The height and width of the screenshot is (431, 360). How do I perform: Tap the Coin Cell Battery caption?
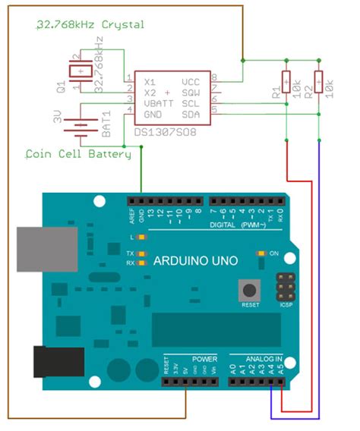pos(78,153)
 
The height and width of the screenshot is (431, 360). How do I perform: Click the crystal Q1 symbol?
pos(78,71)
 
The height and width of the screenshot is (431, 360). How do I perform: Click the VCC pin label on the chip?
pos(191,80)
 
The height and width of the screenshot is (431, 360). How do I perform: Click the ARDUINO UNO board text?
pos(195,260)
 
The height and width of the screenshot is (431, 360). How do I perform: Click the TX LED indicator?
pos(141,253)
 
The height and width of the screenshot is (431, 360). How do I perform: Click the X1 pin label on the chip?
pos(150,80)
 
